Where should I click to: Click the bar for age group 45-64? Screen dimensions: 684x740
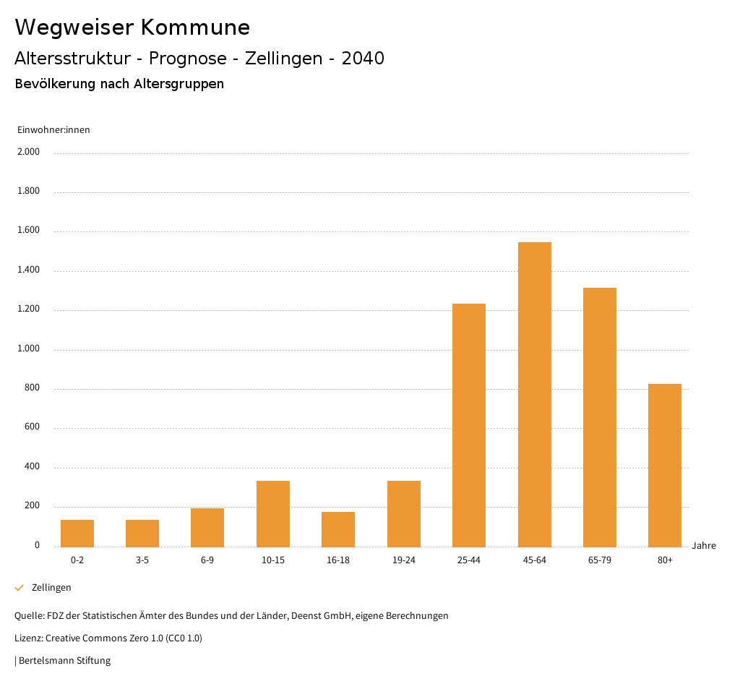(534, 394)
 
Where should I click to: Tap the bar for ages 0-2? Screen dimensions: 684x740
(77, 533)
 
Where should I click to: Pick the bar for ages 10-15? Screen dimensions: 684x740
(273, 513)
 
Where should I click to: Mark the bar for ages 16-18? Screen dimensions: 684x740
(338, 529)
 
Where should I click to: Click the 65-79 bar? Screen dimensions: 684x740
(600, 417)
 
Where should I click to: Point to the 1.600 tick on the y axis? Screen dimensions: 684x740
(29, 231)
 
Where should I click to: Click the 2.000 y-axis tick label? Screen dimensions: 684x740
(29, 152)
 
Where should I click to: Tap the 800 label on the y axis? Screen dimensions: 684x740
(33, 388)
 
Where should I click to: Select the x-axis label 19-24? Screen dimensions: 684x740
(403, 560)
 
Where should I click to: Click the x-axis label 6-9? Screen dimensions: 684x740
(207, 560)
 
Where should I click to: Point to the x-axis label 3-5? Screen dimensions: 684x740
(142, 560)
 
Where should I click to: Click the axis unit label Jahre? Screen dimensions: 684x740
(703, 545)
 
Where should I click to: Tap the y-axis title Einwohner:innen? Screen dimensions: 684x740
(53, 130)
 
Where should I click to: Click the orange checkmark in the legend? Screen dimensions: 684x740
(20, 588)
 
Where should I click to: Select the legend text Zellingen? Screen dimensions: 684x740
(51, 588)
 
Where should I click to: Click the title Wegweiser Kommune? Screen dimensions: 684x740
(132, 27)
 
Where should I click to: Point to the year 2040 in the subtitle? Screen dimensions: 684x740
(363, 59)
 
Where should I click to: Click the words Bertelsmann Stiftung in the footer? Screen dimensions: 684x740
(64, 661)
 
